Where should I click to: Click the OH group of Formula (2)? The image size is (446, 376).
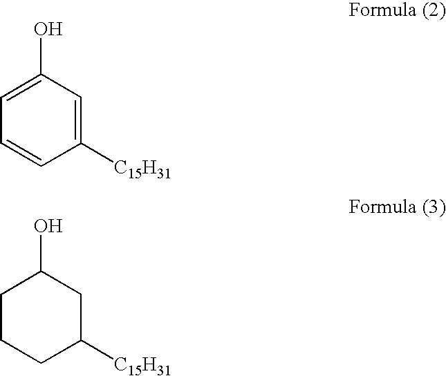coord(48,30)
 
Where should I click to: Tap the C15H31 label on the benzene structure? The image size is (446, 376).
coord(142,169)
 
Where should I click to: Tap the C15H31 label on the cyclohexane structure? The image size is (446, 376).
coord(142,365)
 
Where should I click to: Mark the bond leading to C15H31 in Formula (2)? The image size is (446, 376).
coord(97,153)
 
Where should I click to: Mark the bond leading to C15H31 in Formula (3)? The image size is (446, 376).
coord(97,350)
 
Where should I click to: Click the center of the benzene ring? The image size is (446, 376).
coord(43,120)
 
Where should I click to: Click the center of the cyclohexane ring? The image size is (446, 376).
coord(43,317)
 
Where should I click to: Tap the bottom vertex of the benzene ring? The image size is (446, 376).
coord(43,166)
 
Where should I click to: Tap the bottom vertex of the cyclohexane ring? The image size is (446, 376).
coord(43,363)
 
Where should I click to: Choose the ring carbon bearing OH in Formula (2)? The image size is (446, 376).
coord(43,75)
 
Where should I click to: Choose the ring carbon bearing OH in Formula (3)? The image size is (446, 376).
coord(43,272)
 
